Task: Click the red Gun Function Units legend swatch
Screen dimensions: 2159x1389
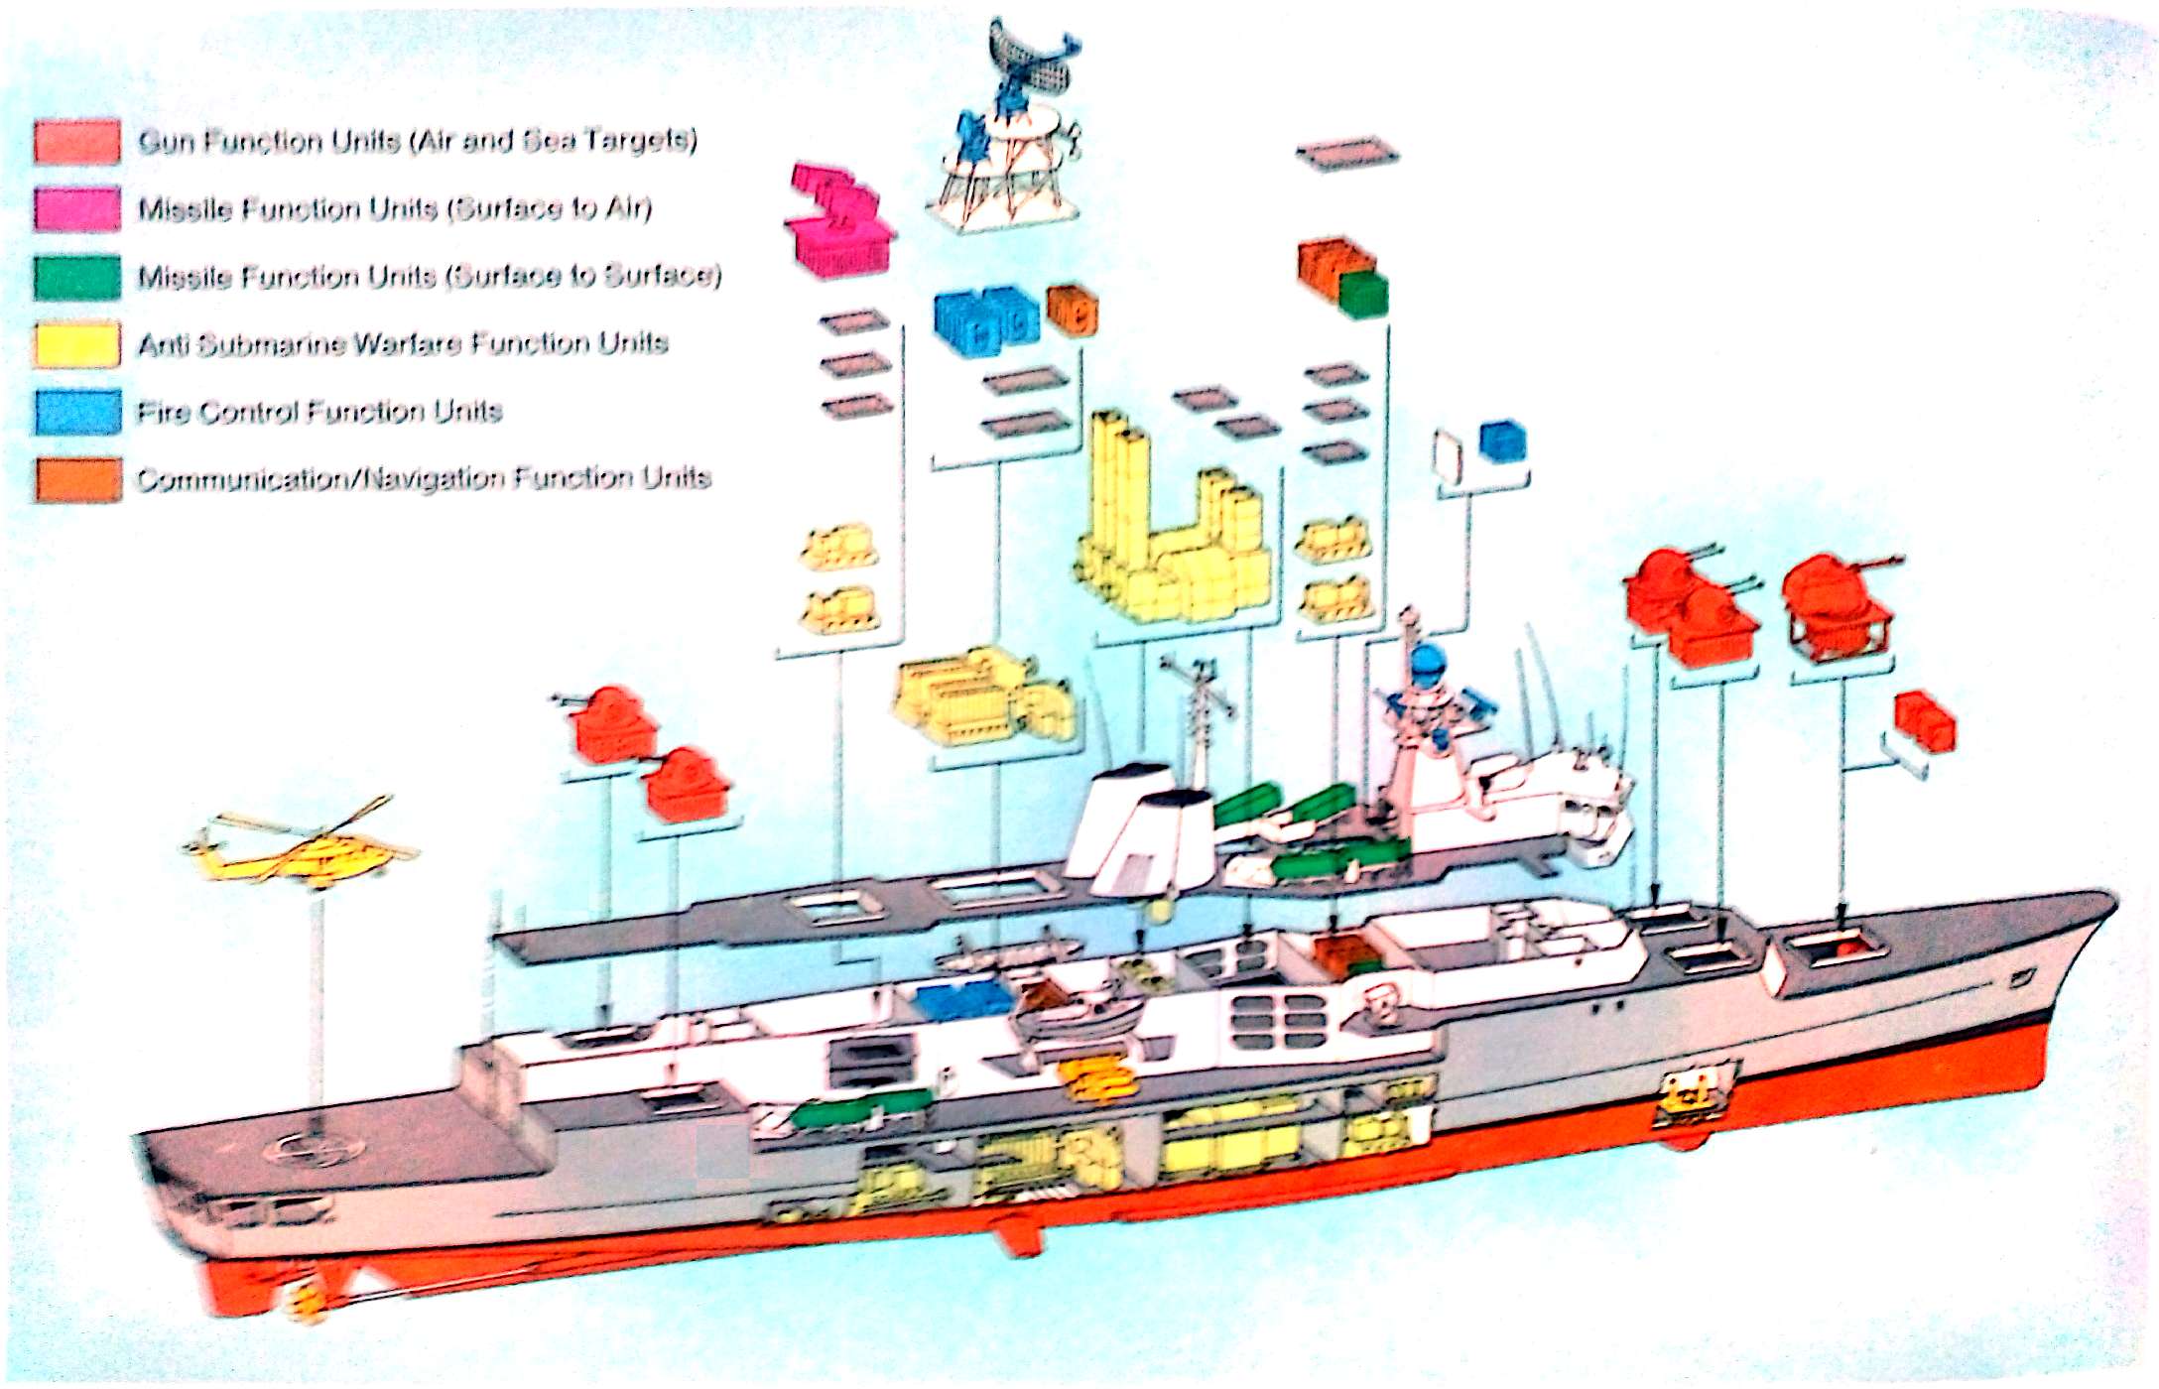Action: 77,142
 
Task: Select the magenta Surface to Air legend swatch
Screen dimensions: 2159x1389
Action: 77,209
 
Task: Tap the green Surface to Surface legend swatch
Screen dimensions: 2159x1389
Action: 77,277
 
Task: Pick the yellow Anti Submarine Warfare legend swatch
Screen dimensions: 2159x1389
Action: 77,344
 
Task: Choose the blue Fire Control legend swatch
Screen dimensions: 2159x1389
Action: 77,412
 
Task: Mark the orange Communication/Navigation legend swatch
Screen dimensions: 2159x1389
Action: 77,479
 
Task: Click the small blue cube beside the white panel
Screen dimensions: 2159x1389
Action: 1502,442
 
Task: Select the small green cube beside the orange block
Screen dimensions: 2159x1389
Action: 1363,294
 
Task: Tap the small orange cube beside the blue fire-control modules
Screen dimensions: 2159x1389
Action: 1072,310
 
